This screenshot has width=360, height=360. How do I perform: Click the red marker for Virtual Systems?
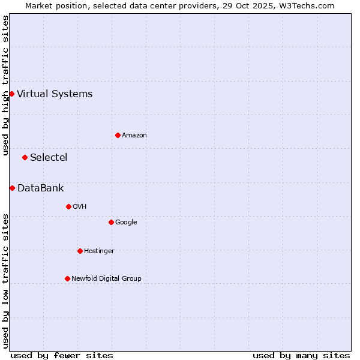pyautogui.click(x=11, y=94)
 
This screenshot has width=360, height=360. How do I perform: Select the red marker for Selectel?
pyautogui.click(x=25, y=157)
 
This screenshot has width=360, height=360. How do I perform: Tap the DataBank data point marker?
pyautogui.click(x=12, y=188)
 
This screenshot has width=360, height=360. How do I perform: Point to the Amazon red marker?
pyautogui.click(x=118, y=135)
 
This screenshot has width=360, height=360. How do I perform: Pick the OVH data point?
pyautogui.click(x=68, y=206)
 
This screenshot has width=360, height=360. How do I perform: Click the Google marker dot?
pyautogui.click(x=111, y=222)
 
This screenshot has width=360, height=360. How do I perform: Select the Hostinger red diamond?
pyautogui.click(x=80, y=251)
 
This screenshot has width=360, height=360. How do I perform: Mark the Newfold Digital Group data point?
pyautogui.click(x=67, y=278)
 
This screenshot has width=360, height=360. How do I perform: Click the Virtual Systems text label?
pyautogui.click(x=55, y=94)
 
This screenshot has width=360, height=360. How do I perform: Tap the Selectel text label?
pyautogui.click(x=49, y=157)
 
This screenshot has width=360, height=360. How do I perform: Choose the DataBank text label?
pyautogui.click(x=41, y=188)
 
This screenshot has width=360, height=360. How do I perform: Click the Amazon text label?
pyautogui.click(x=134, y=135)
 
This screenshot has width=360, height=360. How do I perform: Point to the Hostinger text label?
pyautogui.click(x=99, y=251)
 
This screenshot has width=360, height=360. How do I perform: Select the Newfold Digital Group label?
pyautogui.click(x=106, y=278)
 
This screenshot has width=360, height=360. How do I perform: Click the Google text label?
pyautogui.click(x=126, y=222)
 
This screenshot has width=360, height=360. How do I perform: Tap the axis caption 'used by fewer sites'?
pyautogui.click(x=62, y=355)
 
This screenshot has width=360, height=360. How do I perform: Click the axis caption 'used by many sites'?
pyautogui.click(x=301, y=355)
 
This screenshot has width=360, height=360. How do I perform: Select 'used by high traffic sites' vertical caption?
pyautogui.click(x=5, y=85)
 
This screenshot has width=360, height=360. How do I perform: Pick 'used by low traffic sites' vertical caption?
pyautogui.click(x=5, y=280)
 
